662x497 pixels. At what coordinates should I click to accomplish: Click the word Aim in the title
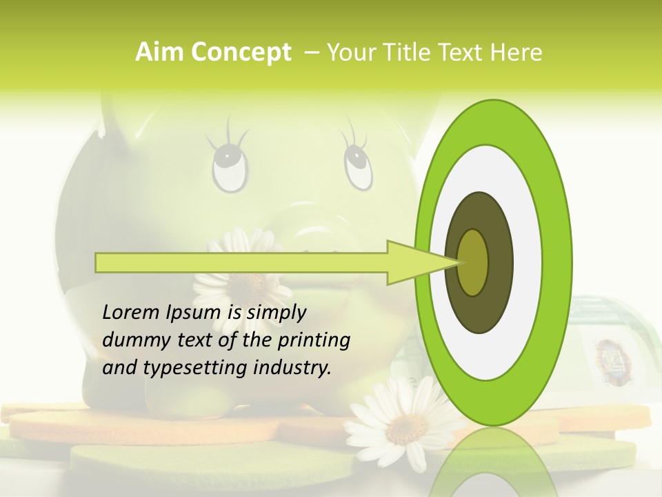tap(160, 52)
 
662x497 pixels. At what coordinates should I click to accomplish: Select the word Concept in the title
tap(240, 52)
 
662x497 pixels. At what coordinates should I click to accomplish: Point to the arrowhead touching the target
tap(421, 262)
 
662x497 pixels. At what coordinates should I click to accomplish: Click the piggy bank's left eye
tap(230, 166)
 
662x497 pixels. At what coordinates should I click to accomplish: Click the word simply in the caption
tap(277, 313)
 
